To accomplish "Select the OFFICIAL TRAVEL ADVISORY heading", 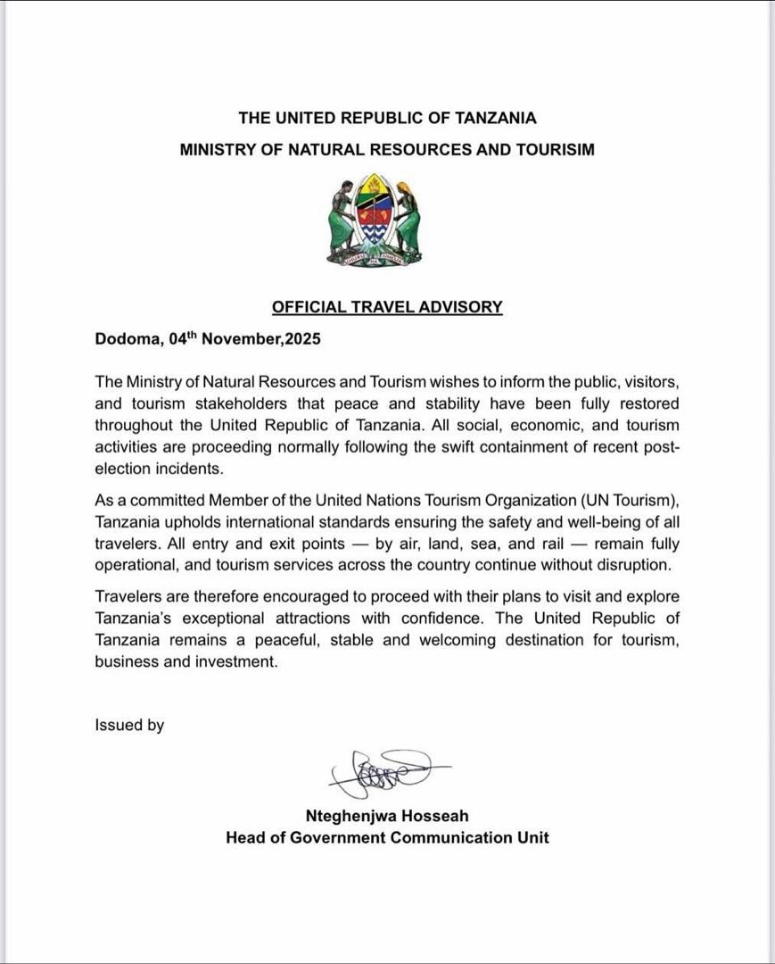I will pos(387,307).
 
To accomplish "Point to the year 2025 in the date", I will pos(301,339).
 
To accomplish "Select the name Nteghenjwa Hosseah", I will pos(387,815).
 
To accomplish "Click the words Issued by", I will pos(129,725).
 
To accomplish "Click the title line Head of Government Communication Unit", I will pos(387,837).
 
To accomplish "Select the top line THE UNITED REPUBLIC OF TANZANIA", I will pos(387,118).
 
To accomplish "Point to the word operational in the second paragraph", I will pos(136,564).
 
